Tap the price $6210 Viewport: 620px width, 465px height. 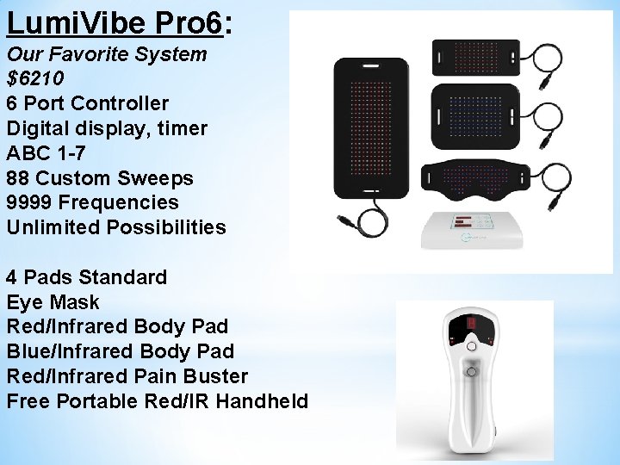(35, 79)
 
